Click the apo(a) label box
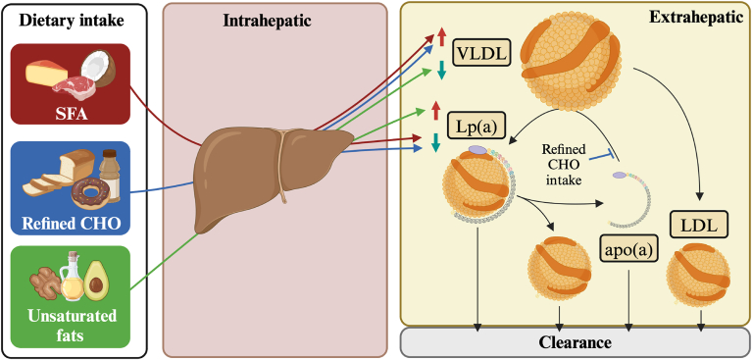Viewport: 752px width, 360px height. click(628, 250)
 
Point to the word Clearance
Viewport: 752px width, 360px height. click(575, 342)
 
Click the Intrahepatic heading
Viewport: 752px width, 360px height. click(275, 22)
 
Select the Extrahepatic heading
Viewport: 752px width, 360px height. click(691, 17)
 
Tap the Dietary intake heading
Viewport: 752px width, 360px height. click(71, 21)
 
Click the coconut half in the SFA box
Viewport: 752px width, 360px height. click(98, 71)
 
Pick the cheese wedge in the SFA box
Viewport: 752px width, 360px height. click(45, 74)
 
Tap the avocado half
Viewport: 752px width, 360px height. click(96, 281)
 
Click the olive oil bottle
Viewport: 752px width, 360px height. click(72, 277)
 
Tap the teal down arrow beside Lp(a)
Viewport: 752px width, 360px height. click(435, 142)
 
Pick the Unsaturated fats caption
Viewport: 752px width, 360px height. click(71, 326)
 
